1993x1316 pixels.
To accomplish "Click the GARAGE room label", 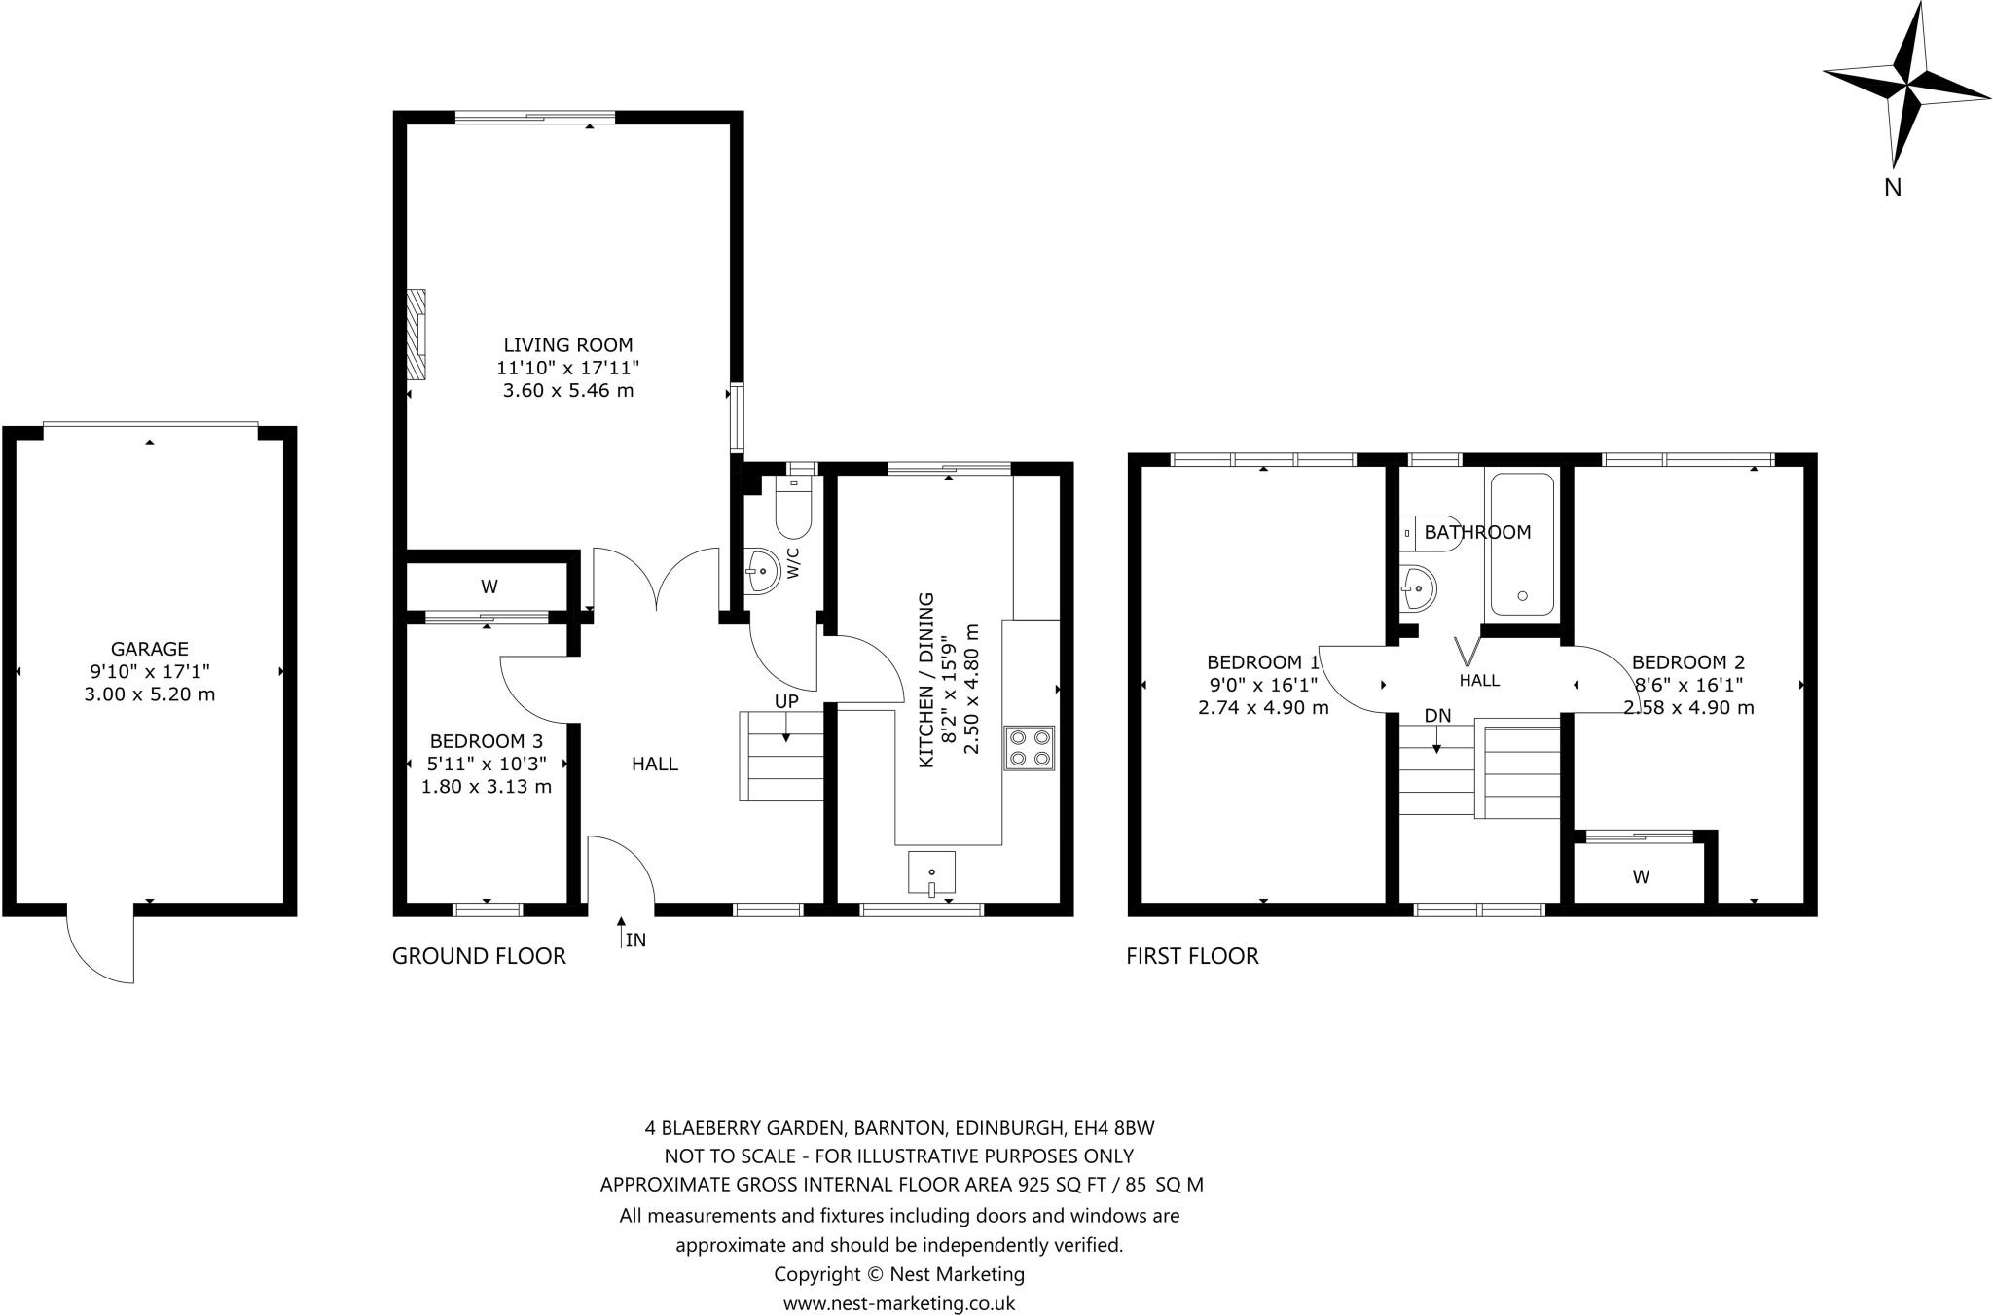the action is [150, 649].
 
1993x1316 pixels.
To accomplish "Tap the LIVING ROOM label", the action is [568, 345].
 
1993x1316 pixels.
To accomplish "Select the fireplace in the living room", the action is [416, 334].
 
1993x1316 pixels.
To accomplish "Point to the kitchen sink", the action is [931, 872].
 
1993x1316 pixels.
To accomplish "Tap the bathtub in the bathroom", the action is [1522, 545].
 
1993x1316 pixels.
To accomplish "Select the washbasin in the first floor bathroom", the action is [1420, 587].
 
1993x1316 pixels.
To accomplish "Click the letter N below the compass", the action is [1893, 188].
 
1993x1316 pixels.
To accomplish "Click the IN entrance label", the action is [635, 941].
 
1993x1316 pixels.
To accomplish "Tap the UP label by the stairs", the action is [786, 701].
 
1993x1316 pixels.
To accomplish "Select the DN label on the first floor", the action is [1437, 716].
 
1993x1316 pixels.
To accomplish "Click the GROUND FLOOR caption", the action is [479, 956].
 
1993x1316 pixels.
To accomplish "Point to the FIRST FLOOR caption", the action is [1192, 956].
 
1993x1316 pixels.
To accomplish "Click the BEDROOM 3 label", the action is [487, 741].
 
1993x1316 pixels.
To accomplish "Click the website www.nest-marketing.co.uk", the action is [899, 1303].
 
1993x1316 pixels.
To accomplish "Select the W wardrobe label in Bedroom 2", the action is [1641, 877].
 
